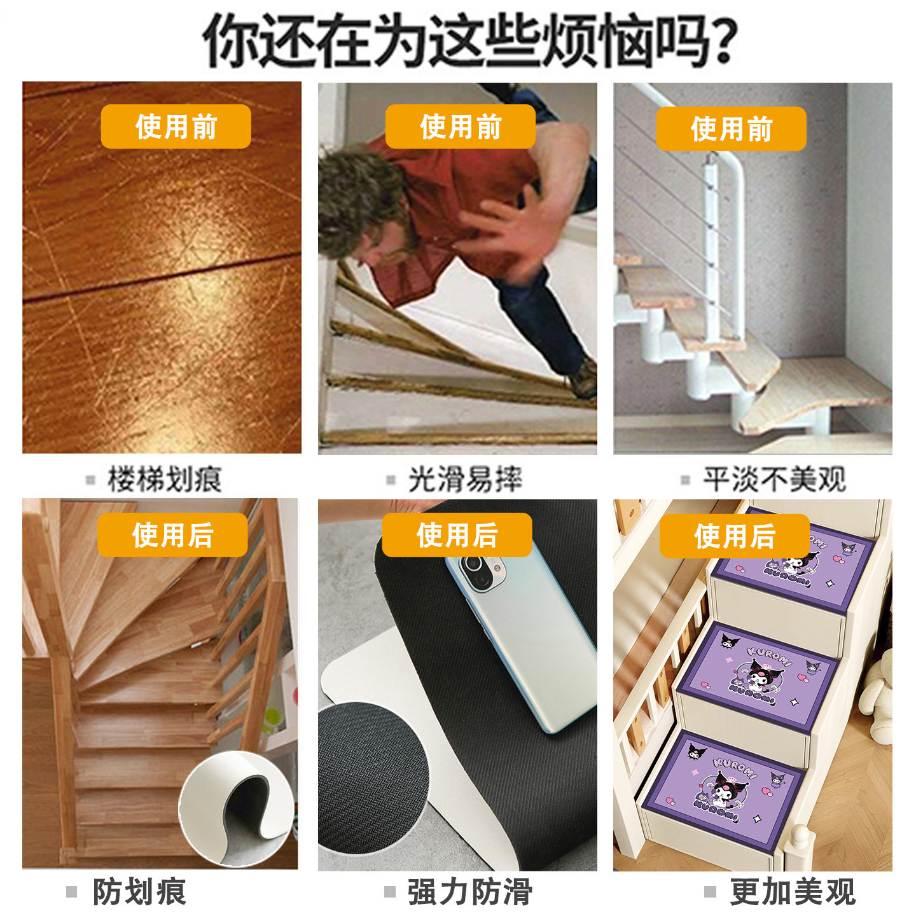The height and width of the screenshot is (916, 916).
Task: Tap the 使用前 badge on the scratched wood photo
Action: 176,127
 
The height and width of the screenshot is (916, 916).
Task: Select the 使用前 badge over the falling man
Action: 460,127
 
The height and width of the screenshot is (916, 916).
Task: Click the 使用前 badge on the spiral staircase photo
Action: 731,128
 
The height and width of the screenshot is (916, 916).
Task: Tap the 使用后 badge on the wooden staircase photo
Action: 172,535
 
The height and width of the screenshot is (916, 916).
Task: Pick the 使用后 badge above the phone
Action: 457,535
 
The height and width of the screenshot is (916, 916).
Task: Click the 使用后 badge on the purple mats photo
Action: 734,536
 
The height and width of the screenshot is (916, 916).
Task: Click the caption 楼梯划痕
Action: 164,479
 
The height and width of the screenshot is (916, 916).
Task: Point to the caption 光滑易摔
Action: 464,479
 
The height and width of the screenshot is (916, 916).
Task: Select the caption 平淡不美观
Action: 774,479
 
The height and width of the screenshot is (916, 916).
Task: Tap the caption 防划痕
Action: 139,891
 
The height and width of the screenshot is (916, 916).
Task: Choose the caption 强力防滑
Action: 469,891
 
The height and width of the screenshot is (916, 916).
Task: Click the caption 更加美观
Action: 792,891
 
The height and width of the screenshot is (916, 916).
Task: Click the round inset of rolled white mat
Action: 237,808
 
